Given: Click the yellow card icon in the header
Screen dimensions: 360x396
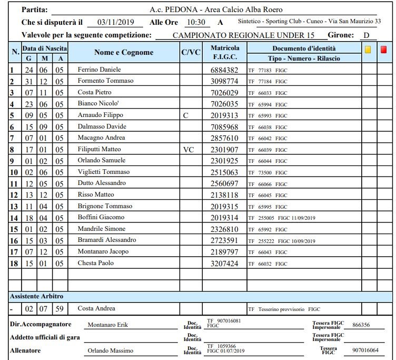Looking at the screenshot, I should [368, 49].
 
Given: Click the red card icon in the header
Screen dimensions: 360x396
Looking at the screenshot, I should [383, 49].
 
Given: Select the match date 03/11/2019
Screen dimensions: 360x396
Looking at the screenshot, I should [116, 22].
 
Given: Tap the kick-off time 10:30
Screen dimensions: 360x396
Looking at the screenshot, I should [195, 22].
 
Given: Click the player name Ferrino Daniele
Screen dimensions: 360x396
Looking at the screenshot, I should [99, 70].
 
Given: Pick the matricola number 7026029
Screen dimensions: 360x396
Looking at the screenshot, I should [224, 92].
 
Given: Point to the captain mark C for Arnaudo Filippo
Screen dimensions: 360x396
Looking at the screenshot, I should [185, 115].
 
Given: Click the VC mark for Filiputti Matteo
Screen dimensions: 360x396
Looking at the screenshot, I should [188, 149].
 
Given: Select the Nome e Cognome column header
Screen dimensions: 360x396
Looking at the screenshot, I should [124, 52].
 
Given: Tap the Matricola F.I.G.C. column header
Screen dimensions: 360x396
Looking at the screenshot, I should [225, 52].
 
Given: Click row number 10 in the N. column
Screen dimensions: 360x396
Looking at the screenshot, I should [14, 172].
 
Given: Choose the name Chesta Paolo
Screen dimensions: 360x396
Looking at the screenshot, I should [95, 263].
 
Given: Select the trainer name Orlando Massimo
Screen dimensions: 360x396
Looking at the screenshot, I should [110, 351].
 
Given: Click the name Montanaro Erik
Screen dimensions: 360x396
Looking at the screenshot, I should [108, 325].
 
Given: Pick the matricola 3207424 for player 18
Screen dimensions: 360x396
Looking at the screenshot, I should [224, 263].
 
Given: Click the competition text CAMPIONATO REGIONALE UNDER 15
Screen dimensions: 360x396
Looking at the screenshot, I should [235, 35].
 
